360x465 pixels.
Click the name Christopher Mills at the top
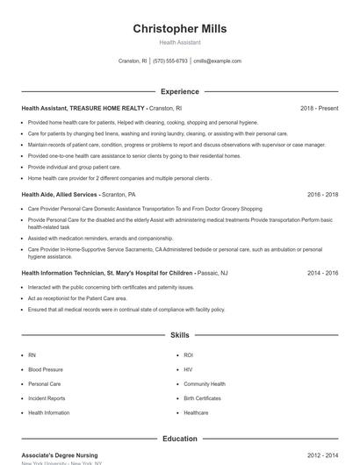[179, 28]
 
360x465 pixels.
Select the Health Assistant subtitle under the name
[179, 42]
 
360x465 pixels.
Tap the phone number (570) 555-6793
[169, 61]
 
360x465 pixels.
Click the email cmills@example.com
[217, 61]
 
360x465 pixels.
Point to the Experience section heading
[179, 91]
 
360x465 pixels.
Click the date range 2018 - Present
[319, 108]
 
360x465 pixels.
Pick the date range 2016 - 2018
[322, 194]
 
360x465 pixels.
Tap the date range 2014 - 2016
[322, 273]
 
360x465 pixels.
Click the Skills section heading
[179, 335]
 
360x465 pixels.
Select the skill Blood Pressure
[46, 369]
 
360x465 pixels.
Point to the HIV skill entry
[188, 369]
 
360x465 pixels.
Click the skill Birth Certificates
[202, 398]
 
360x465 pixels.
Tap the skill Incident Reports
[46, 398]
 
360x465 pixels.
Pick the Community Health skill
[204, 384]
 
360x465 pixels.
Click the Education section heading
[179, 438]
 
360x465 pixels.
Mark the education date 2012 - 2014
[322, 455]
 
